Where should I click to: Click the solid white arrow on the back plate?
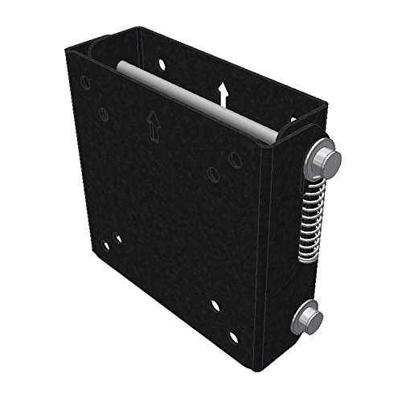pos(224,95)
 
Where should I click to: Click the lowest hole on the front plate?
pos(233,336)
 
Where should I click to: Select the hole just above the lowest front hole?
pos(215,306)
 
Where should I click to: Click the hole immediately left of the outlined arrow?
pos(104,113)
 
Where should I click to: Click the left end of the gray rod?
pos(118,66)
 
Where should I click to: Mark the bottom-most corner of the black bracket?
pos(256,370)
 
